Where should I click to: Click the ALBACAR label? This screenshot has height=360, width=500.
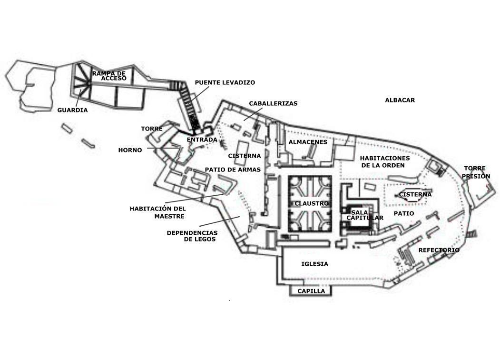[400, 100]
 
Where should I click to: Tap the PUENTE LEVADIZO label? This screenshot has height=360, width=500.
[225, 82]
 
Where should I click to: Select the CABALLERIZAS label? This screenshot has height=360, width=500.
[273, 103]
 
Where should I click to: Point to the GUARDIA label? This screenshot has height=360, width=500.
[72, 110]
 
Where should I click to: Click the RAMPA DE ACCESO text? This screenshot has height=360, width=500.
[109, 76]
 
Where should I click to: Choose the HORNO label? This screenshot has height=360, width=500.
[130, 150]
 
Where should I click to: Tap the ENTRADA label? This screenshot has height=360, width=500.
[202, 140]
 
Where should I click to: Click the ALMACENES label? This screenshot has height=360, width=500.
[308, 142]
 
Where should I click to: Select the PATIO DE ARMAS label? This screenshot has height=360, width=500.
[233, 170]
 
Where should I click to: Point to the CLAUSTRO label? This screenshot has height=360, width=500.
[312, 204]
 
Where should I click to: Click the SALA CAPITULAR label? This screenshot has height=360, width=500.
[364, 215]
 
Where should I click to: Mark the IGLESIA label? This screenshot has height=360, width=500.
[315, 264]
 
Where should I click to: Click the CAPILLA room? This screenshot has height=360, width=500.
[311, 291]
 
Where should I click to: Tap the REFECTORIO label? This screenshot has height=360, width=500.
[439, 250]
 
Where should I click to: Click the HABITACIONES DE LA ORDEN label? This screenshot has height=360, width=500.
[384, 162]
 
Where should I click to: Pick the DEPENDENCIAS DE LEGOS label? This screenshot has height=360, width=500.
[192, 236]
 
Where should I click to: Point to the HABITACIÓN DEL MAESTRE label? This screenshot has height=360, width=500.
[157, 212]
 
